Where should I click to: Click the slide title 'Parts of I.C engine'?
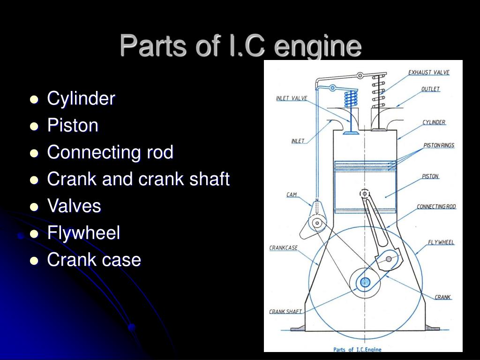click(x=240, y=46)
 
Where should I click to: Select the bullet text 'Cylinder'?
click(x=81, y=98)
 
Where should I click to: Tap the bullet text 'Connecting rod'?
click(x=110, y=152)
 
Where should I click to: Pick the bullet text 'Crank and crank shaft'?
click(x=138, y=179)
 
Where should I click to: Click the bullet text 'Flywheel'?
click(x=83, y=233)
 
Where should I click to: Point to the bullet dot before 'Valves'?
click(x=34, y=207)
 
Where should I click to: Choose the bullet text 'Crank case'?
click(x=94, y=260)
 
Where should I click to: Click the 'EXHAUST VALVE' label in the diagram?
click(x=428, y=73)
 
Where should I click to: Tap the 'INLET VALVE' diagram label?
click(x=291, y=98)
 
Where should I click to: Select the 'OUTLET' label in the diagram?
click(x=430, y=89)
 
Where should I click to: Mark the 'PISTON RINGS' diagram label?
click(x=439, y=145)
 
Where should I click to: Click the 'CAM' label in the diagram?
click(x=292, y=195)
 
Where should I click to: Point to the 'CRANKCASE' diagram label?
click(x=283, y=248)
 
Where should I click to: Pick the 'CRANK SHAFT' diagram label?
click(x=285, y=311)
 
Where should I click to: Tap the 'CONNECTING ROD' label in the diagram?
click(x=436, y=207)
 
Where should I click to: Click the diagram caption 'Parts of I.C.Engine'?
click(x=357, y=349)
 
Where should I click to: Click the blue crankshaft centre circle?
click(x=365, y=282)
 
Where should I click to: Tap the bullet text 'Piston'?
click(x=73, y=126)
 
